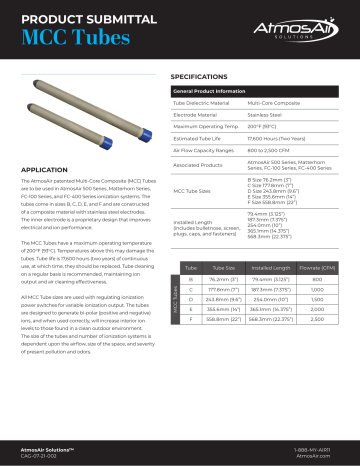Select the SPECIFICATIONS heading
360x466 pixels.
(208, 76)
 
